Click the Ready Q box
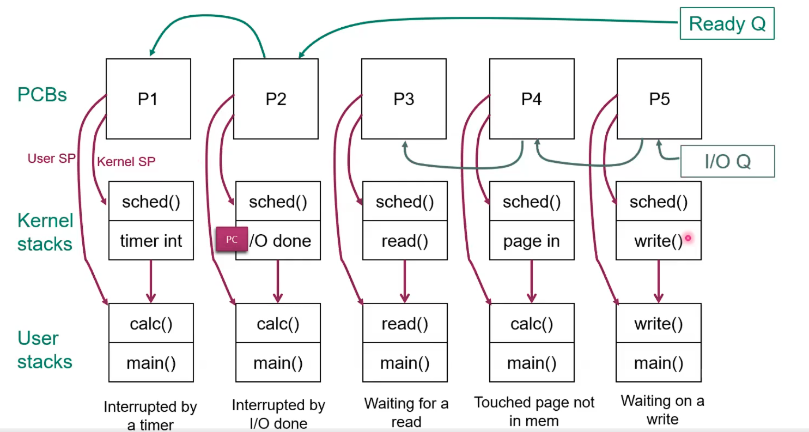(727, 24)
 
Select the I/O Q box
(727, 161)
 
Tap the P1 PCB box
(148, 99)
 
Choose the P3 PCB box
(404, 99)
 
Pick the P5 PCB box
(659, 99)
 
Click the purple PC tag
(232, 240)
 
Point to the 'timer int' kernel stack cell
(151, 241)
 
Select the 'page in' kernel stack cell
(532, 241)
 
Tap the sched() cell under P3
(405, 202)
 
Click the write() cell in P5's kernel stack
(659, 241)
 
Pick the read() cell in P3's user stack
(405, 324)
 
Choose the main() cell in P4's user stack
(532, 362)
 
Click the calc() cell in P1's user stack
(151, 324)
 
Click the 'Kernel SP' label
(126, 162)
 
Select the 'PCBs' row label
(42, 94)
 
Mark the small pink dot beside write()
(688, 238)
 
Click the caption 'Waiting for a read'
(406, 412)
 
